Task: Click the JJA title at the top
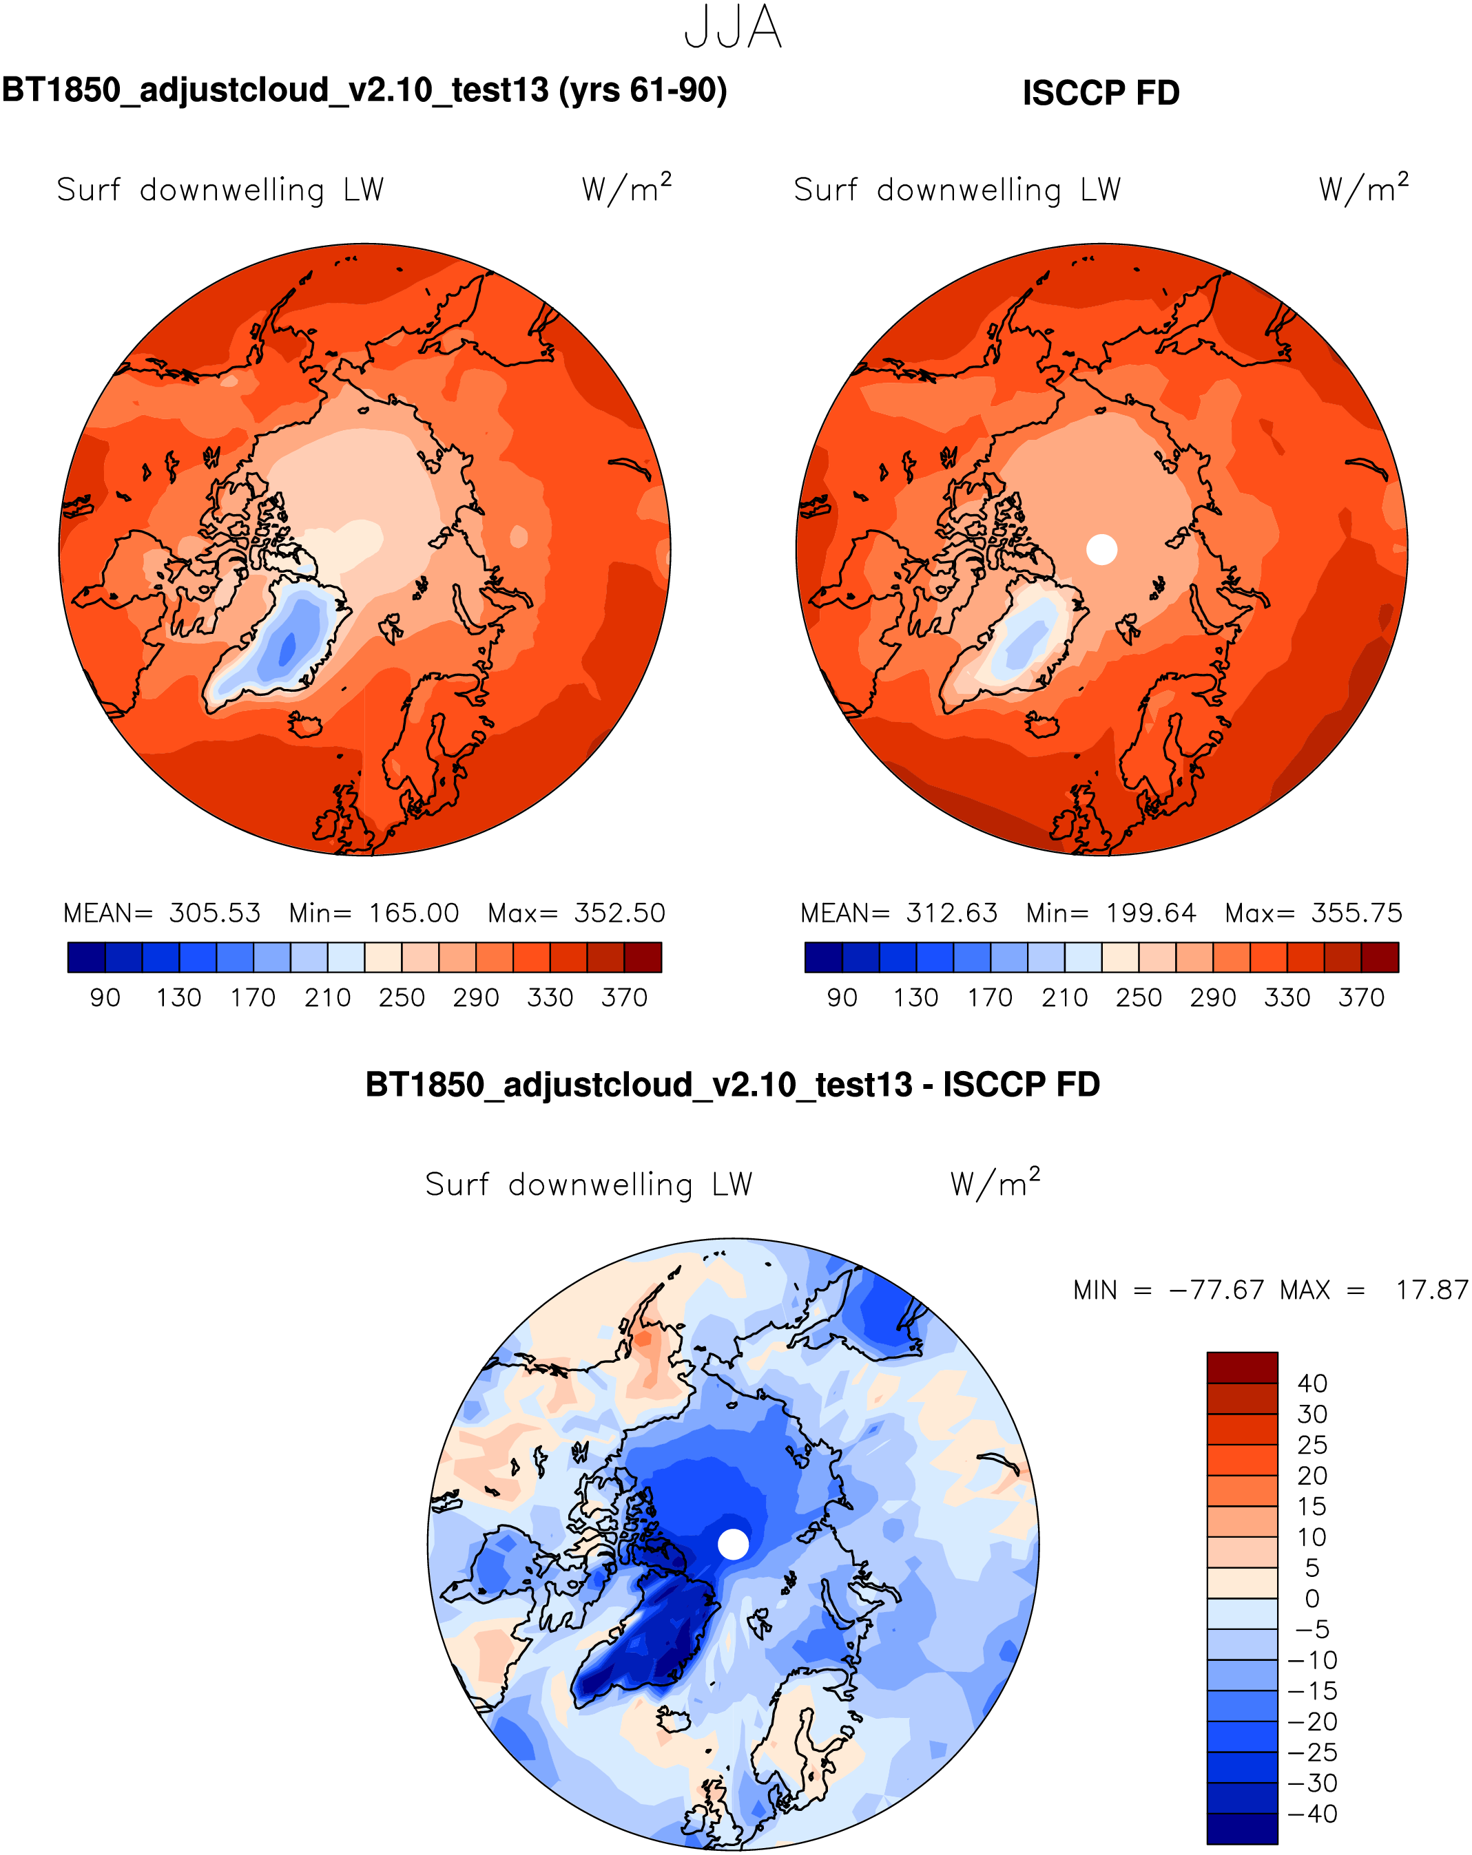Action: [x=733, y=28]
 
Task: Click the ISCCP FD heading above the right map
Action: [x=1100, y=93]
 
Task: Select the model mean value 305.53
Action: [x=214, y=913]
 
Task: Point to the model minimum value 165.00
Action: [x=414, y=913]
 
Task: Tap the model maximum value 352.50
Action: [x=620, y=913]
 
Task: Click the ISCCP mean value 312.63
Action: [x=951, y=913]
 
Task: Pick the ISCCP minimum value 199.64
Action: [x=1151, y=913]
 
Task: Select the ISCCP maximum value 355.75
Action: [x=1357, y=913]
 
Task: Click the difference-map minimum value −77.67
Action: [x=1216, y=1291]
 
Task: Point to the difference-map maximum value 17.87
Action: [x=1431, y=1291]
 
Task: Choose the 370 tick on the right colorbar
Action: [x=1361, y=998]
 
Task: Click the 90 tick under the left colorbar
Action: [x=105, y=998]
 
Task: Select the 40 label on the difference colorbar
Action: [x=1312, y=1384]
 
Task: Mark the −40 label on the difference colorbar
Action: [x=1312, y=1814]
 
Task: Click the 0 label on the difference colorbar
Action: [x=1312, y=1598]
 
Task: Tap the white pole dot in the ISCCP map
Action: [x=1102, y=549]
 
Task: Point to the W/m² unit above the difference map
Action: [x=995, y=1183]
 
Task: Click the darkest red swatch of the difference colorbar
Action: [x=1241, y=1367]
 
